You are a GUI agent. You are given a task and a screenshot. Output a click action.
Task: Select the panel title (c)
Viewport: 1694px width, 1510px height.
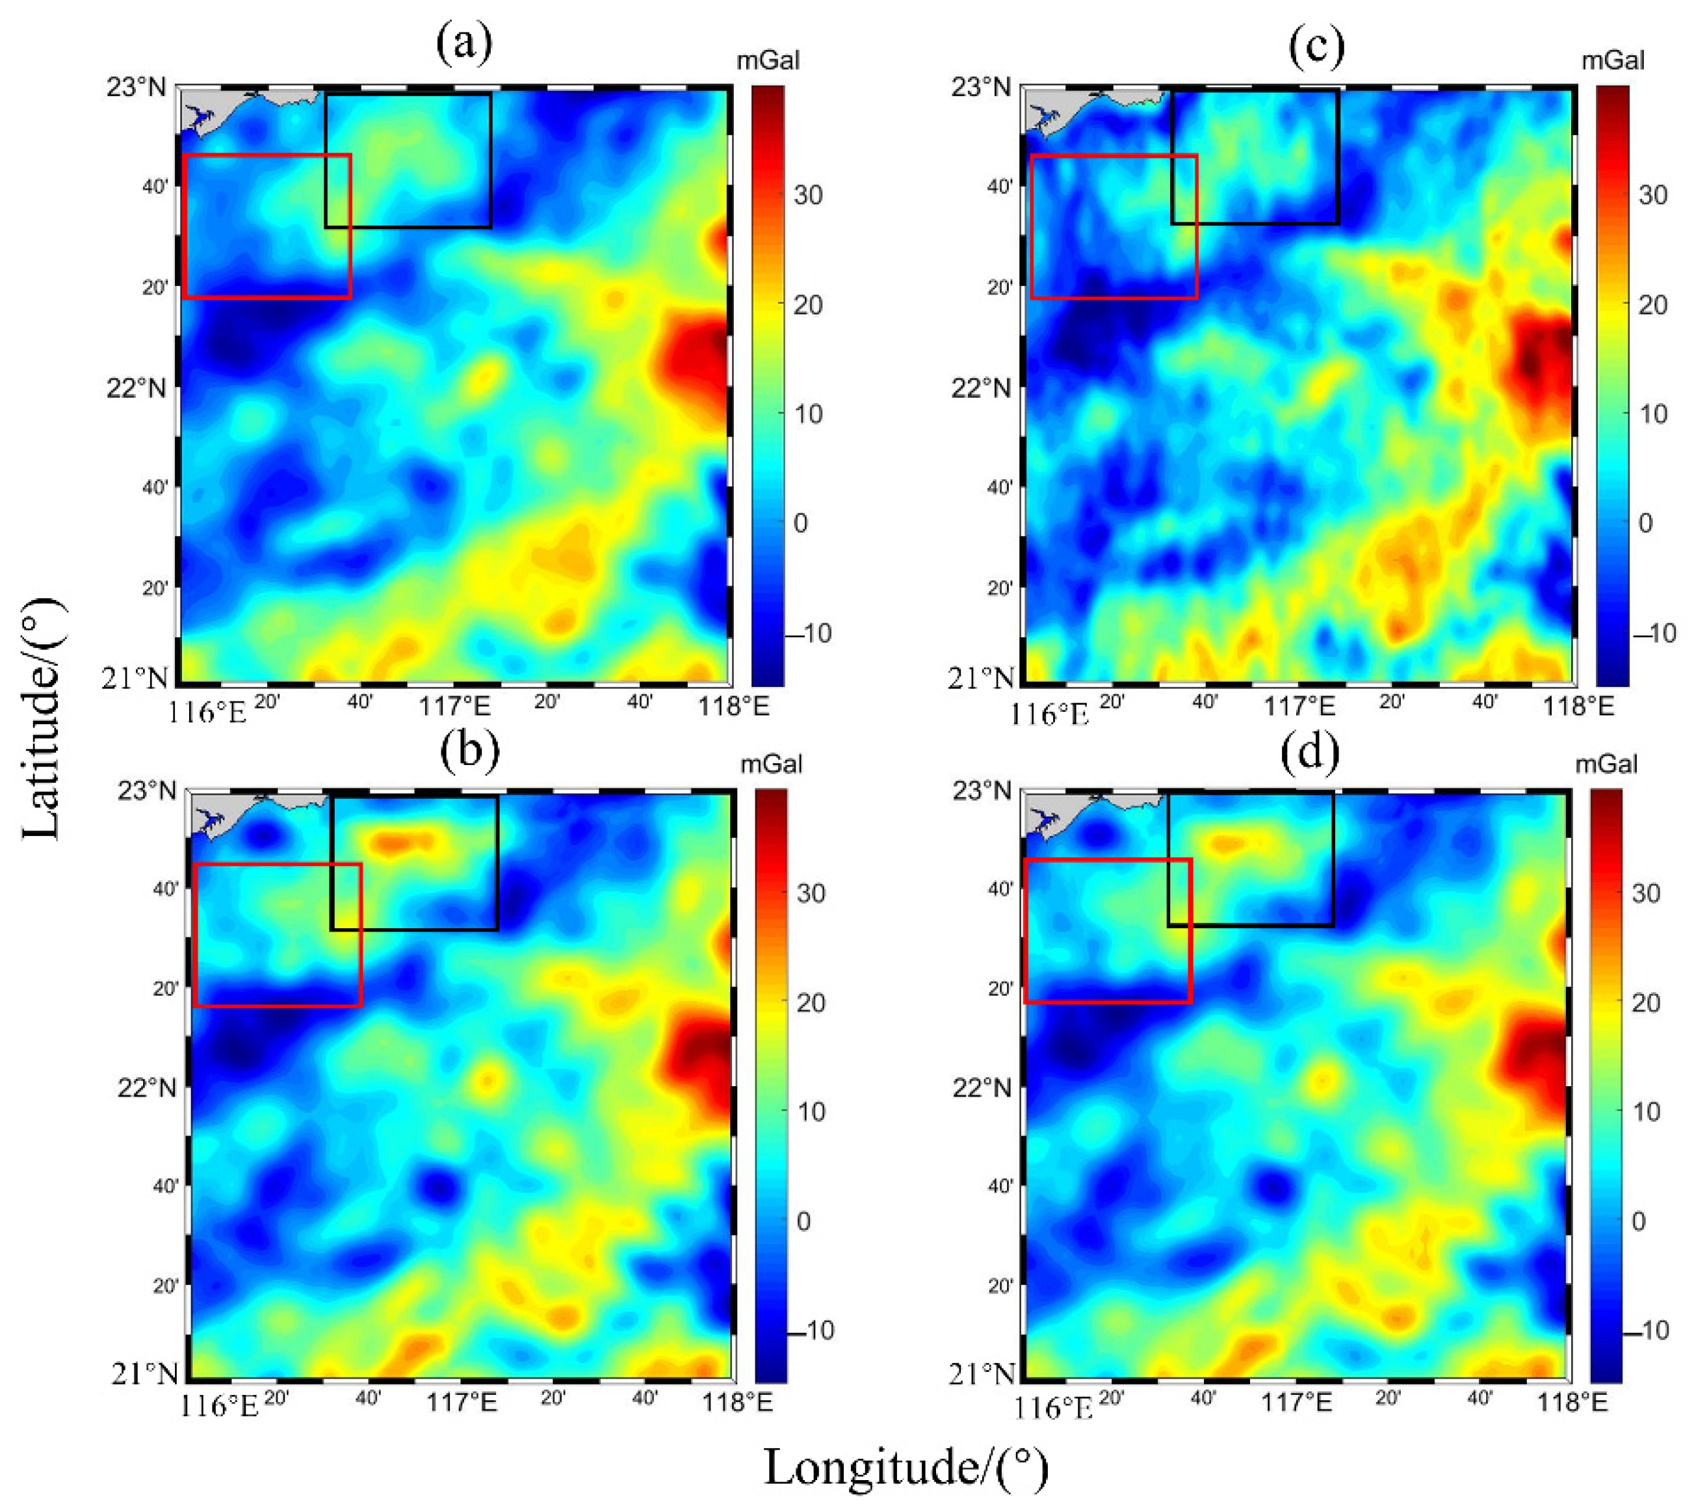[1316, 46]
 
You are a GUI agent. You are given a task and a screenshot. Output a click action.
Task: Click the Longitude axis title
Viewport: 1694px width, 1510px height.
[906, 1468]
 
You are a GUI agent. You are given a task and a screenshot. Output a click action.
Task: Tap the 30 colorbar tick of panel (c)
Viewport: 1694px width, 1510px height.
[1651, 196]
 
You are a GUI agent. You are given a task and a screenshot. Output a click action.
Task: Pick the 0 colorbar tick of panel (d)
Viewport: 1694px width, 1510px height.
[1637, 1222]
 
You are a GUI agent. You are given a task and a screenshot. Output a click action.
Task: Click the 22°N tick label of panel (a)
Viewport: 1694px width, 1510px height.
[137, 388]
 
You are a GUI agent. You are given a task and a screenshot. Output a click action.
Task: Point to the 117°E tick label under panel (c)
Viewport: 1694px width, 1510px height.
[1300, 707]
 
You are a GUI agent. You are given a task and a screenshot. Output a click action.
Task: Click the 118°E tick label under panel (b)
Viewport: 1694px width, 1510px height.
[738, 1403]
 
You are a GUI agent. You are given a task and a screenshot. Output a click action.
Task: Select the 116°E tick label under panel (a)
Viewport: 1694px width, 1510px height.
[208, 712]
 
